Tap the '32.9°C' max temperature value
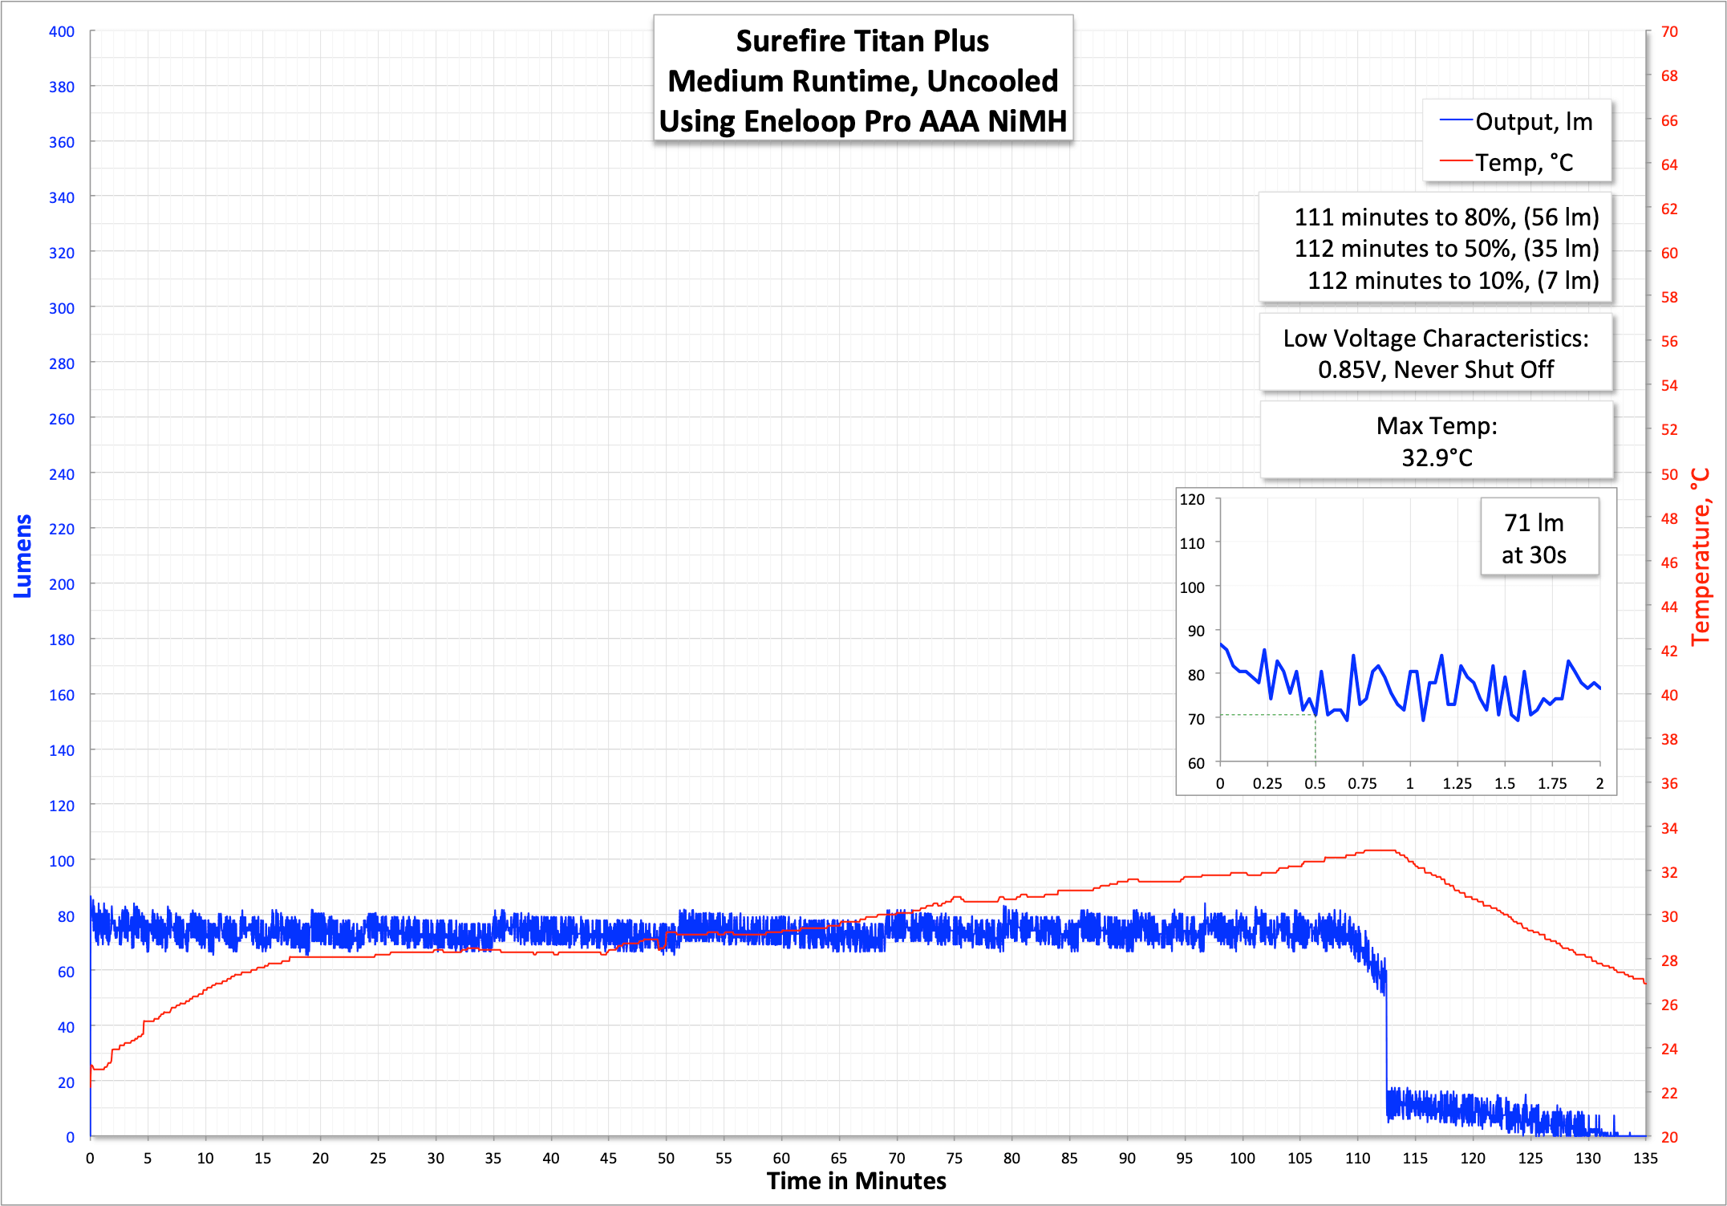coord(1437,457)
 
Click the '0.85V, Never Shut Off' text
coord(1436,370)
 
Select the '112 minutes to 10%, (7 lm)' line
coord(1453,281)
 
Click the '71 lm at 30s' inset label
coord(1534,538)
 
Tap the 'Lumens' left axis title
coord(22,555)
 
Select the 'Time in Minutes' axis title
coord(856,1181)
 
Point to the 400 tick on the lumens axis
coord(62,32)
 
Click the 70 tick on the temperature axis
coord(1669,32)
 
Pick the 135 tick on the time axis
coord(1645,1158)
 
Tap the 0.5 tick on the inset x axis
coord(1315,784)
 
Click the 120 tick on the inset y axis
coord(1192,499)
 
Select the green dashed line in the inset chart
coord(1267,714)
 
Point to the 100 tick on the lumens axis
coord(62,861)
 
